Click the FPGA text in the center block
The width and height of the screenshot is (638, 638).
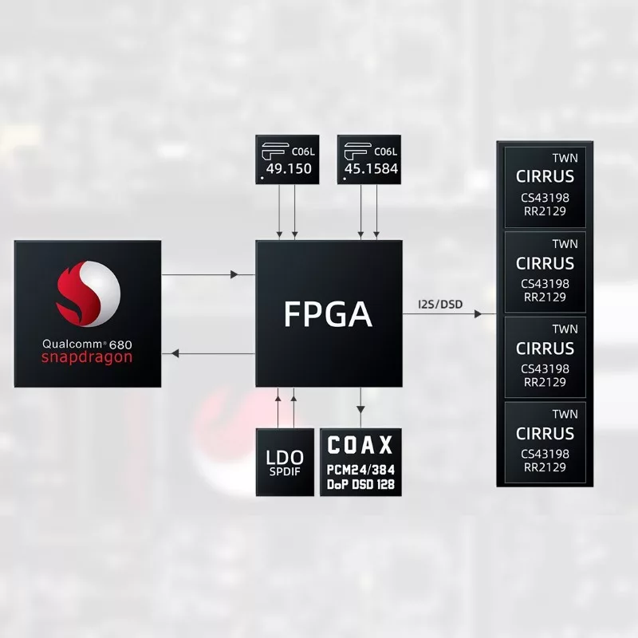(328, 313)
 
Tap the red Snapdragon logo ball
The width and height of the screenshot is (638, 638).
(89, 293)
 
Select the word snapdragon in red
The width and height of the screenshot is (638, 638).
(87, 357)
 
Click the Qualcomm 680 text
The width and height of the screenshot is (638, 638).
(87, 345)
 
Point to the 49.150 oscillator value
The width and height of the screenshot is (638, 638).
(289, 168)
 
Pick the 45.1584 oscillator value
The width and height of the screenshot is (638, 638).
(371, 168)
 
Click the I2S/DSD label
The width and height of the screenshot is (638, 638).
(440, 305)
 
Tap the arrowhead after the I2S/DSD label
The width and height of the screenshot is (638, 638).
(478, 313)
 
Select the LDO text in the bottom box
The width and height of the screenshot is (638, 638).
(285, 458)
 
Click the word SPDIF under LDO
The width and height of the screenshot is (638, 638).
(285, 471)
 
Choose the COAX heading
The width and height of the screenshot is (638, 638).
(360, 445)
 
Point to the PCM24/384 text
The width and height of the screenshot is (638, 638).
(361, 470)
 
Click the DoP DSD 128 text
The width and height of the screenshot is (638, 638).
(361, 485)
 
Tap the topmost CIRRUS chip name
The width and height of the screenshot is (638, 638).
(545, 176)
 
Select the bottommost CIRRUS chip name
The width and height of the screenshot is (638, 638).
(545, 434)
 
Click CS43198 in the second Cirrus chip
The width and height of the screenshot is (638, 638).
(545, 284)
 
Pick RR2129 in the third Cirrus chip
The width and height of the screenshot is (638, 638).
(545, 382)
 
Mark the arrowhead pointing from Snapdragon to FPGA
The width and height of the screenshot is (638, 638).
(234, 274)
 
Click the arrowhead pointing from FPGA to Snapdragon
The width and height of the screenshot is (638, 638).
(175, 353)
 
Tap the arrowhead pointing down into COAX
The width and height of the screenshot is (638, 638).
(360, 409)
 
